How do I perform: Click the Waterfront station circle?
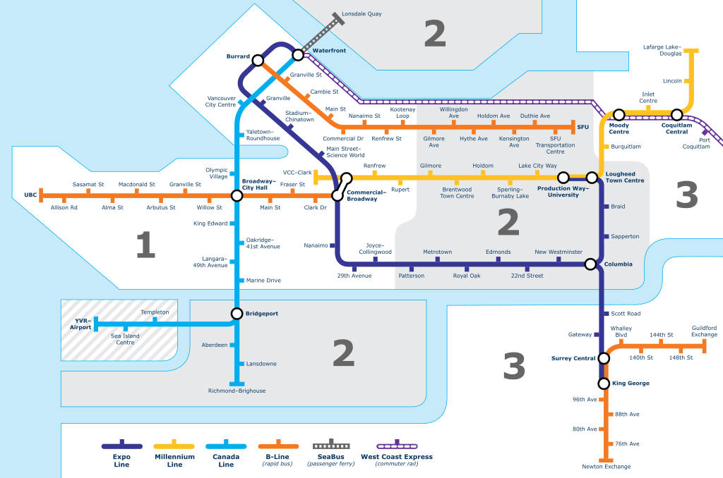298,54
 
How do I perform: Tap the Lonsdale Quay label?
361,14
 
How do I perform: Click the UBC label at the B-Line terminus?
30,195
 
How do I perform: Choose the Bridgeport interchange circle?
237,314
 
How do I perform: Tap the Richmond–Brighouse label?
237,391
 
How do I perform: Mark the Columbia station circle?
590,264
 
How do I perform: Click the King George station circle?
604,384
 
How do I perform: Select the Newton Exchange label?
607,467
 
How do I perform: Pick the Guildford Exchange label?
704,331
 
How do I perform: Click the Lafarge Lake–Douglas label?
662,50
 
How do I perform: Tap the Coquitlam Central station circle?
676,114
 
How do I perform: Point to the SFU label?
582,127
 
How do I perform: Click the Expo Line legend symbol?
122,445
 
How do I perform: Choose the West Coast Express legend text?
396,457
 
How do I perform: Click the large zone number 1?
145,245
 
